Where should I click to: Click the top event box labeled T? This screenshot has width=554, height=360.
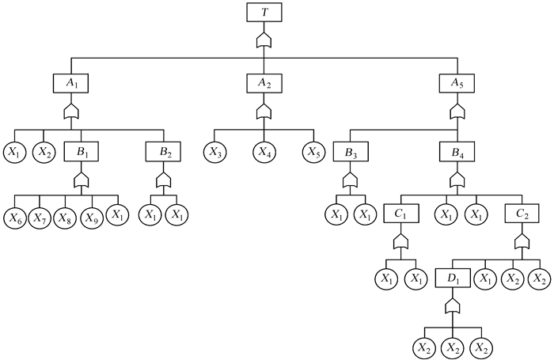[263, 13]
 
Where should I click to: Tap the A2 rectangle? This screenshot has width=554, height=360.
[263, 81]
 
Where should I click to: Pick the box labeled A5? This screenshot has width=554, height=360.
[457, 81]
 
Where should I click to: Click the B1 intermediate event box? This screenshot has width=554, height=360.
[80, 150]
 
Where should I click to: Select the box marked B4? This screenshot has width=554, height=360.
[457, 150]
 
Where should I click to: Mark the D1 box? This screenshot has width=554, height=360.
[452, 279]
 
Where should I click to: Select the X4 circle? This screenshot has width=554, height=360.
[264, 150]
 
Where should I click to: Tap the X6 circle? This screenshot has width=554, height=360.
[15, 216]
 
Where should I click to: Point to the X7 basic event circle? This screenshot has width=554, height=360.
[40, 216]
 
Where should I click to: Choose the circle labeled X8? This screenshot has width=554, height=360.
[66, 216]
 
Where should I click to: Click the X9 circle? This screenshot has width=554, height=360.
[92, 216]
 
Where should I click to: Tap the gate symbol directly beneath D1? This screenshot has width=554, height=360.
[452, 305]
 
